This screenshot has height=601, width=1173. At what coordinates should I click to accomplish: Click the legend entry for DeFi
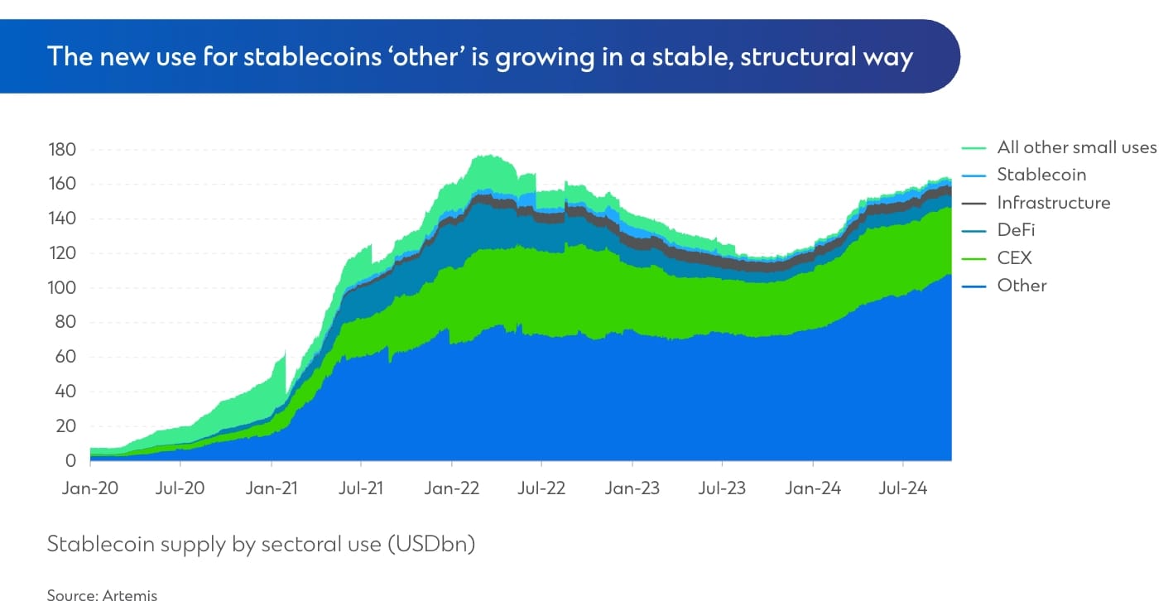(x=1016, y=230)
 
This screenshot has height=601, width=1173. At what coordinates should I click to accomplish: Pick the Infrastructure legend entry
(x=1053, y=203)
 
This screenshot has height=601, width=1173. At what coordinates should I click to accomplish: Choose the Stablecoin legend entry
(x=1041, y=175)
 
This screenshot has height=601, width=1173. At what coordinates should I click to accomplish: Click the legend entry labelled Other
(x=1022, y=286)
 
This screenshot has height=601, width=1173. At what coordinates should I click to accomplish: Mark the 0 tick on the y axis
(x=71, y=461)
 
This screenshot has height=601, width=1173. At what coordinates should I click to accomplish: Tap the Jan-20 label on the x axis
(x=90, y=488)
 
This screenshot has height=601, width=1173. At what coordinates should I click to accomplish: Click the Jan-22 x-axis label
(x=451, y=488)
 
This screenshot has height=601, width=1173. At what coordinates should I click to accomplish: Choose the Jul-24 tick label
(x=903, y=488)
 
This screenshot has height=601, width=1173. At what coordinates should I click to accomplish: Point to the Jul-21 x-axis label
(x=361, y=488)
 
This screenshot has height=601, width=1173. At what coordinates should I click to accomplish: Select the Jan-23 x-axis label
(x=632, y=488)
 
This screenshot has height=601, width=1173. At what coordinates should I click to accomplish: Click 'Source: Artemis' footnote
(x=102, y=594)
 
